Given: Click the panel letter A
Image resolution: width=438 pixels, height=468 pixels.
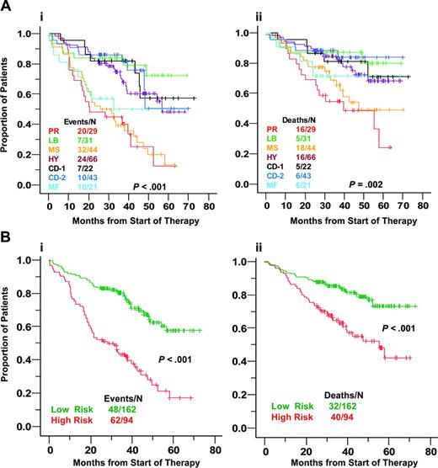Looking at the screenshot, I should pyautogui.click(x=8, y=8).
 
